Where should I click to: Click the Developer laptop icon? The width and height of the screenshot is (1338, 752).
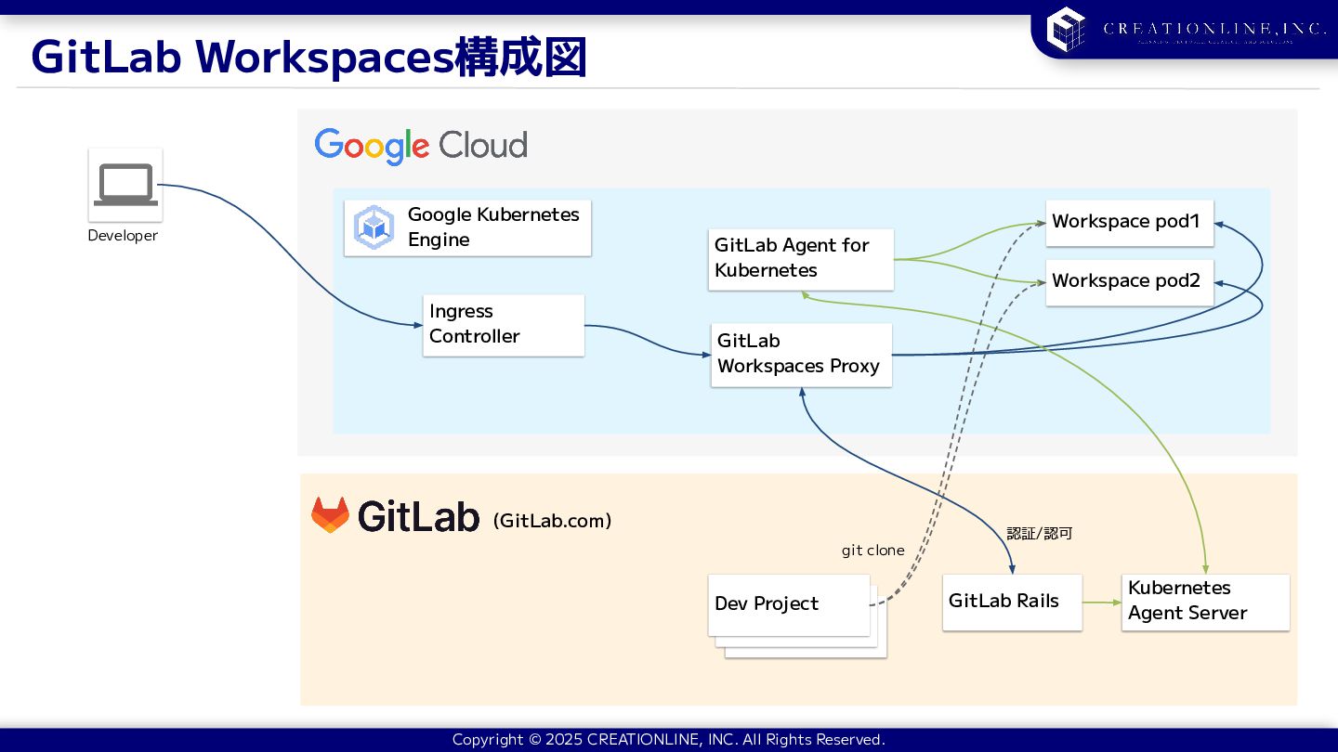tap(125, 185)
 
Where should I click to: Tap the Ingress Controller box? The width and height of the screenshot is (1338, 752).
tap(504, 325)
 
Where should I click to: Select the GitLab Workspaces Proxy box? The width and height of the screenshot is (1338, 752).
tap(801, 355)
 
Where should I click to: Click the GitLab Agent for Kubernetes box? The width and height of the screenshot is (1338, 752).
tap(800, 259)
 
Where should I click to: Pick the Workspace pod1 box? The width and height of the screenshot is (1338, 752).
tap(1129, 223)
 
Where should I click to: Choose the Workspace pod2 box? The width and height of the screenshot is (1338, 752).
tap(1129, 281)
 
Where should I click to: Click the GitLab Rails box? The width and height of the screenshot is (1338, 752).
tap(1011, 602)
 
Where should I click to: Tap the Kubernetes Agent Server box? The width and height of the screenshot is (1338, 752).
tap(1204, 602)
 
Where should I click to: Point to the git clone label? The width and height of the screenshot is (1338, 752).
tap(872, 551)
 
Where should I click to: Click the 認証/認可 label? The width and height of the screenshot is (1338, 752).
tap(1040, 534)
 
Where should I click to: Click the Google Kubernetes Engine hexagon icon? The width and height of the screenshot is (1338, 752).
tap(374, 227)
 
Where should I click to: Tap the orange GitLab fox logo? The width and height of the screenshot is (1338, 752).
tap(330, 515)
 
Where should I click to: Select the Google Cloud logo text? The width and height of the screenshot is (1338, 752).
tap(421, 146)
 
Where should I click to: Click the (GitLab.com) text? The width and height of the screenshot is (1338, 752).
tap(552, 521)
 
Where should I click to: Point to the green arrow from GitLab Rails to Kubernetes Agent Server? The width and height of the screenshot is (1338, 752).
tap(1102, 603)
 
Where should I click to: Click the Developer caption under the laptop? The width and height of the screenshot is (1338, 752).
tap(123, 236)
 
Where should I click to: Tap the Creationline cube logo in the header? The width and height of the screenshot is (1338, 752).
tap(1066, 29)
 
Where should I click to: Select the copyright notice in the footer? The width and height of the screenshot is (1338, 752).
tap(668, 740)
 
